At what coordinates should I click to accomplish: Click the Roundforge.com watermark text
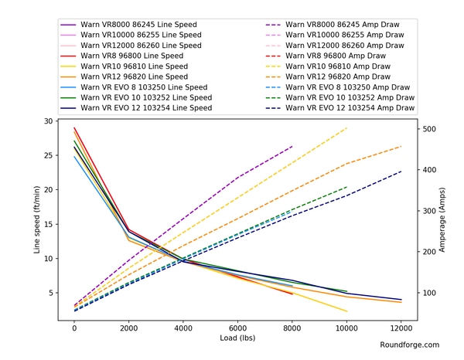point(410,345)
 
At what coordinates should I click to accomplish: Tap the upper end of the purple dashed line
point(292,145)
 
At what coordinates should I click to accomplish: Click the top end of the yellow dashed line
point(346,128)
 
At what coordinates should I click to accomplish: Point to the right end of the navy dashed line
point(401,172)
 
